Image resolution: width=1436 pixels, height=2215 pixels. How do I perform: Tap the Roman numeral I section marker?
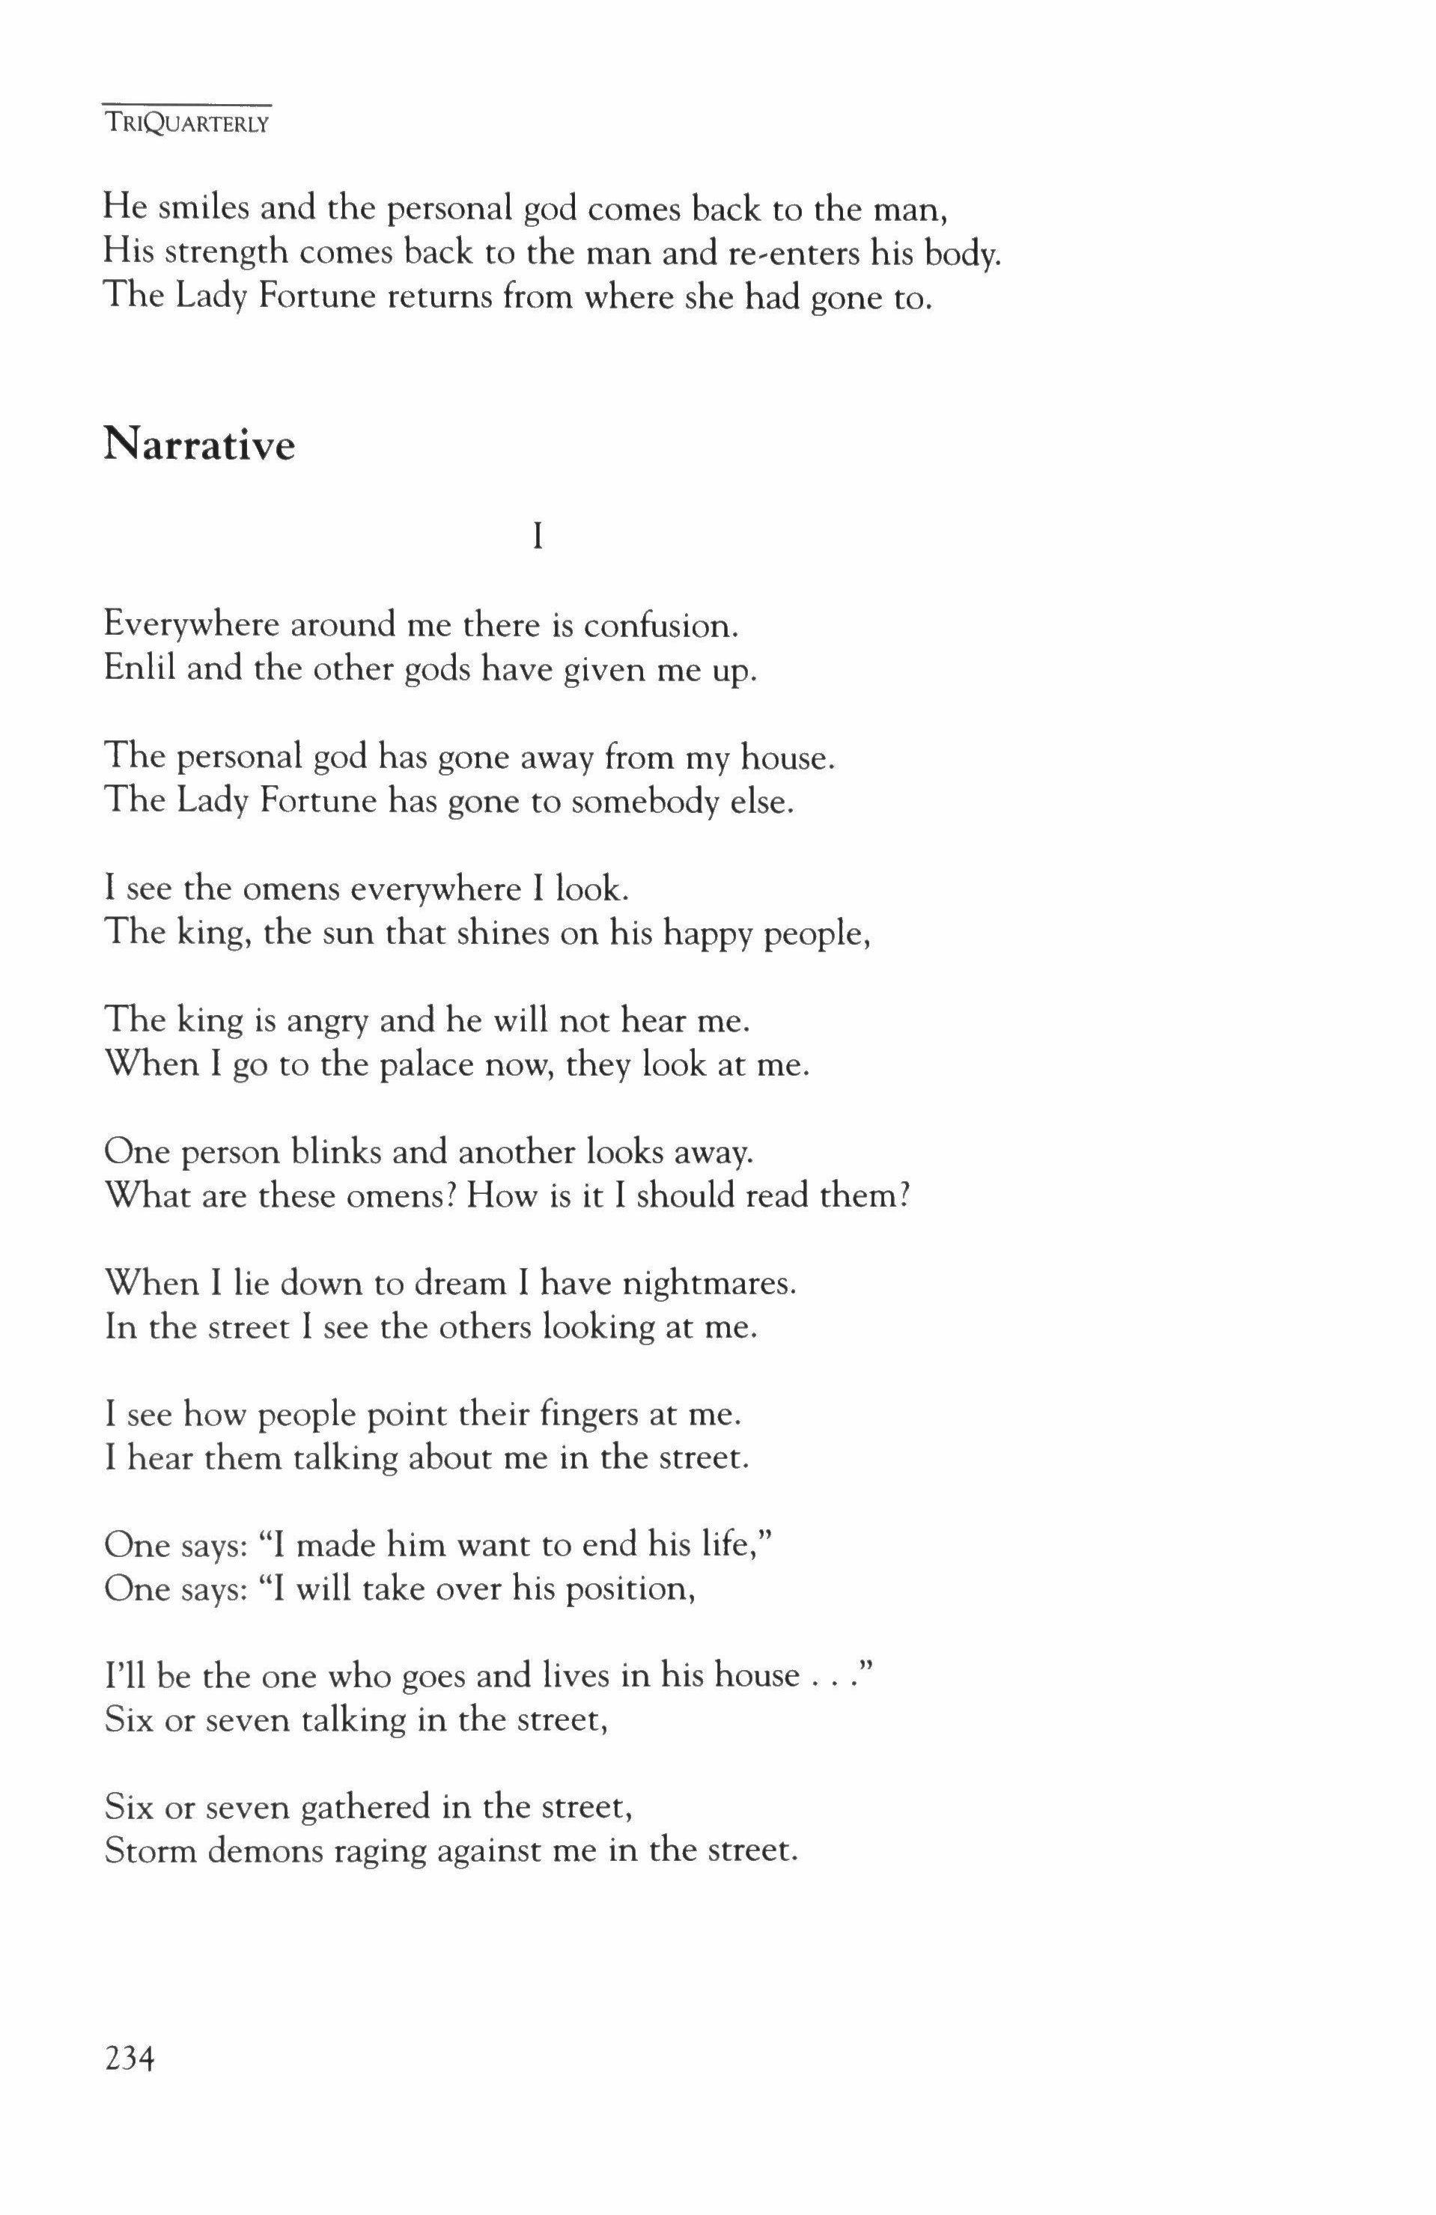[x=537, y=536]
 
